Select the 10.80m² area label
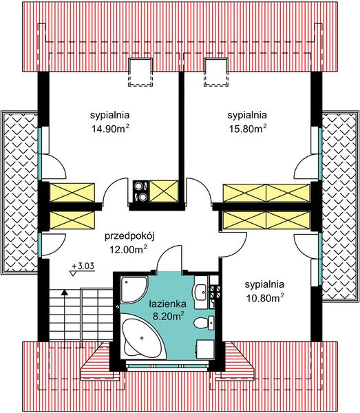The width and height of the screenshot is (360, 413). click(265, 298)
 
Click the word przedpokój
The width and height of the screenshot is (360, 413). click(129, 236)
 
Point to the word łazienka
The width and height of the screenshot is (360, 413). click(167, 304)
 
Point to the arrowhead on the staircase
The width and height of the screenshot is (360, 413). click(64, 292)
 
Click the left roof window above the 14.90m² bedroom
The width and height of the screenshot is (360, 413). click(140, 72)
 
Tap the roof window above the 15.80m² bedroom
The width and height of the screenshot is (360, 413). click(215, 72)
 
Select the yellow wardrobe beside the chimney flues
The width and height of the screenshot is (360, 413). click(164, 191)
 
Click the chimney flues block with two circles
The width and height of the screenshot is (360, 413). click(140, 191)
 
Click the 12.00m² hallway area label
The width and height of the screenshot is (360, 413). click(129, 249)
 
